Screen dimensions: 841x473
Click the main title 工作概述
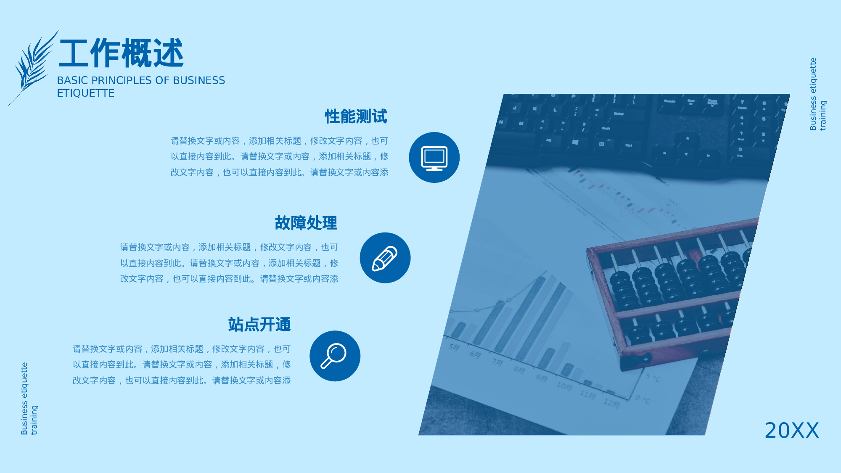(121, 53)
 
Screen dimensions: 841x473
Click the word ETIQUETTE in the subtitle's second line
(86, 93)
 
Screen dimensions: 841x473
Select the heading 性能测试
(356, 116)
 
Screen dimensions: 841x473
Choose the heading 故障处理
(306, 223)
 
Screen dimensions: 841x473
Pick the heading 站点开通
(259, 325)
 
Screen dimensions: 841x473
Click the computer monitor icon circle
(434, 157)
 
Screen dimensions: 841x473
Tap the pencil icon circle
(385, 258)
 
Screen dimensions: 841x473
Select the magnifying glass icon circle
(335, 356)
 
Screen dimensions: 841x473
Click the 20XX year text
(792, 431)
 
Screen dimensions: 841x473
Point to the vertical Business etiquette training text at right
(817, 94)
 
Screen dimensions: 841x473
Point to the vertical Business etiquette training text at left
(29, 399)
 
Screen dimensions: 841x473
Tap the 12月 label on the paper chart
(612, 403)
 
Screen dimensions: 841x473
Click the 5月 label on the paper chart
(454, 347)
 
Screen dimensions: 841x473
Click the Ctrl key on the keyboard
(629, 145)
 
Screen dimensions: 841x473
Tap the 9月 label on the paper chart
(541, 378)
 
